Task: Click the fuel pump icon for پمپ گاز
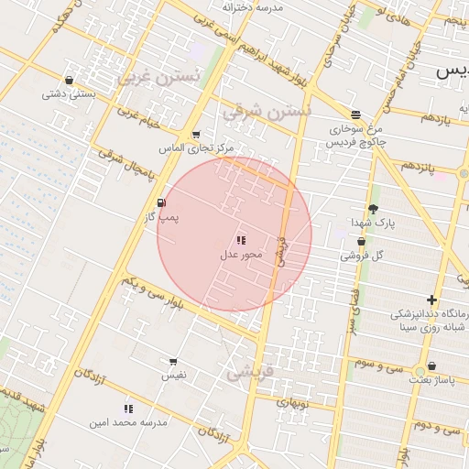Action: [162, 203]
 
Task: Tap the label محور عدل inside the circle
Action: [241, 254]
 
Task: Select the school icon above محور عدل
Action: [241, 240]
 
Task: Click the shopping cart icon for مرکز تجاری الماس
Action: [196, 135]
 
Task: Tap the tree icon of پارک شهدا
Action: [373, 208]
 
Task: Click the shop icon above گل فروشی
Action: [361, 242]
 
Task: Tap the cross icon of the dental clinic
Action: [431, 300]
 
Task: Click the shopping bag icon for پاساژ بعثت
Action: [431, 365]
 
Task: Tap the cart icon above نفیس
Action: [173, 363]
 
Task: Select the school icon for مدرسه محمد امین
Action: [127, 409]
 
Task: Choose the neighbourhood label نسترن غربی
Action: [158, 77]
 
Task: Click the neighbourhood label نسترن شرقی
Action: [267, 112]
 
